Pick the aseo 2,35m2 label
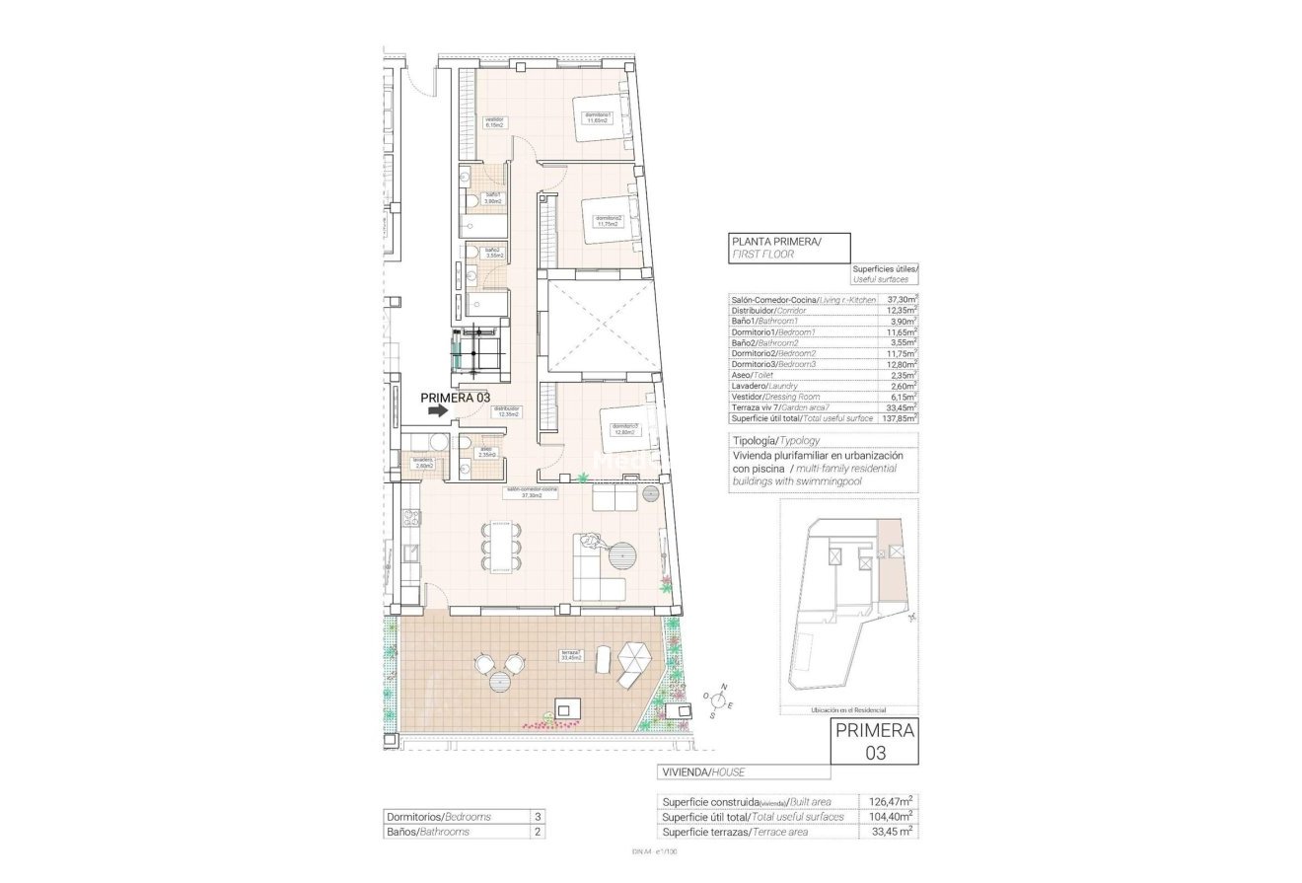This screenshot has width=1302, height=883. pyautogui.click(x=486, y=453)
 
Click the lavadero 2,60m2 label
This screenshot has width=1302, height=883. pyautogui.click(x=423, y=462)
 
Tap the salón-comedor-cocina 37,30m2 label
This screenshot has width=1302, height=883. pyautogui.click(x=532, y=492)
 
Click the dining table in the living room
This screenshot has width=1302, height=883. pyautogui.click(x=502, y=545)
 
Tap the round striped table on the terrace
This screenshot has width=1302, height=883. pyautogui.click(x=500, y=681)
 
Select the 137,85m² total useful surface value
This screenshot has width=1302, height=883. pyautogui.click(x=898, y=418)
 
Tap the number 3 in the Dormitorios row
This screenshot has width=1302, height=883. pyautogui.click(x=537, y=817)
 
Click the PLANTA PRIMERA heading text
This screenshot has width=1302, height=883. pyautogui.click(x=775, y=241)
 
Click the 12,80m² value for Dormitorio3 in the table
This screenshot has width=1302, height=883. pyautogui.click(x=898, y=364)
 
